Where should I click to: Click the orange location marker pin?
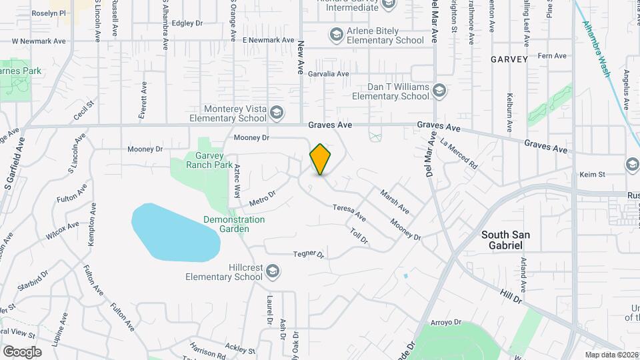pyautogui.click(x=320, y=159)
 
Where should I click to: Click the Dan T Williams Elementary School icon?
pyautogui.click(x=439, y=90)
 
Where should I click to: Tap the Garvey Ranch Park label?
pyautogui.click(x=209, y=160)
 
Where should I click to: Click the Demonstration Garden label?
pyautogui.click(x=234, y=224)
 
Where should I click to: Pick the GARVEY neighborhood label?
pyautogui.click(x=509, y=59)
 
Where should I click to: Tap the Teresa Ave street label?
pyautogui.click(x=350, y=213)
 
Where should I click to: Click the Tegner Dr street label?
pyautogui.click(x=308, y=255)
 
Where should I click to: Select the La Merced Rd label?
pyautogui.click(x=459, y=153)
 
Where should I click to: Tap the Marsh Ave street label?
pyautogui.click(x=395, y=201)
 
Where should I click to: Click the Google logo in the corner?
pyautogui.click(x=22, y=351)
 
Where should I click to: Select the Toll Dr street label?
pyautogui.click(x=359, y=235)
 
